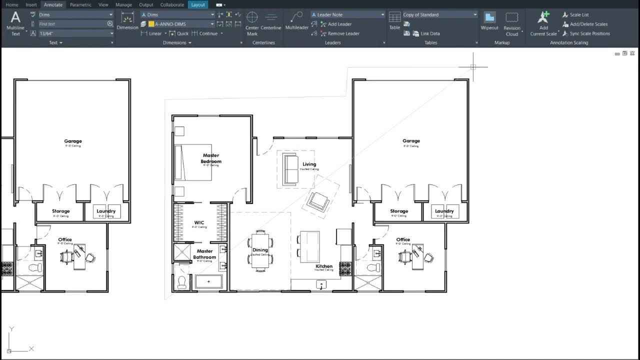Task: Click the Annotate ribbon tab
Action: click(53, 4)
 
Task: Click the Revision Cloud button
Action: click(511, 18)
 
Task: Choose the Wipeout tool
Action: click(489, 18)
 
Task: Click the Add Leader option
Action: click(339, 24)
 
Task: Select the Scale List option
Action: click(578, 14)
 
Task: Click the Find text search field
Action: click(72, 24)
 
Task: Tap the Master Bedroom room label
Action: click(211, 158)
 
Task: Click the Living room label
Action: click(309, 164)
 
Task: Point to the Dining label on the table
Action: click(260, 250)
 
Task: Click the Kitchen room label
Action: click(324, 266)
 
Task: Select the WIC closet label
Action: click(199, 223)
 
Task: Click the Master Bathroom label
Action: click(205, 254)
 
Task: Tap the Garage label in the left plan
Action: click(73, 141)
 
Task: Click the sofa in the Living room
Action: click(290, 169)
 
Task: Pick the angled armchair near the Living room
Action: click(318, 201)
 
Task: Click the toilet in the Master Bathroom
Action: click(182, 282)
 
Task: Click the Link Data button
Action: click(429, 33)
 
